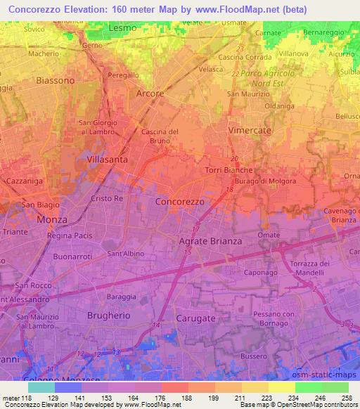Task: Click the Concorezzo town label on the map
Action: point(179,201)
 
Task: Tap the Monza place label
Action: point(53,219)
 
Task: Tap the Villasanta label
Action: point(107,160)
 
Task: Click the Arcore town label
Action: point(149,93)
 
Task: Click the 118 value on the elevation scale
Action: point(31,398)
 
